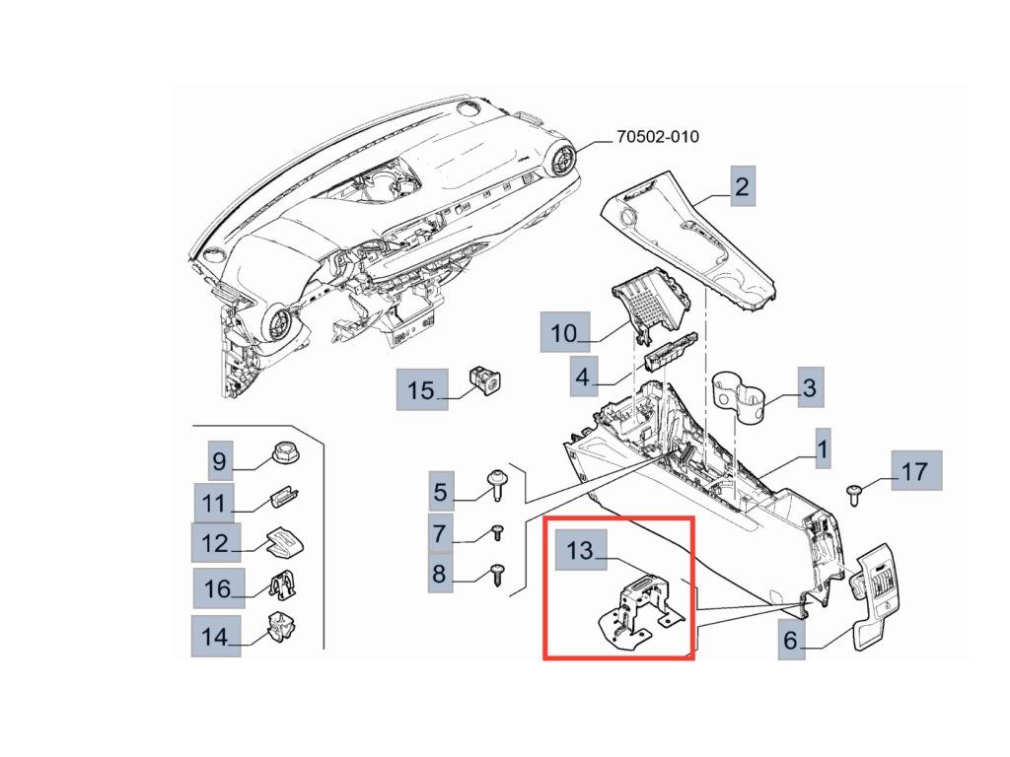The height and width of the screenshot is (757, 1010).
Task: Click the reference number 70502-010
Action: (657, 137)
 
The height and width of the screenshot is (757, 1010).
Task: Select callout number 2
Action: (742, 186)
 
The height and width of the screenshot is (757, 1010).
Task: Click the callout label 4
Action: (583, 376)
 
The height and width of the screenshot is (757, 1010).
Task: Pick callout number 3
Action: (809, 387)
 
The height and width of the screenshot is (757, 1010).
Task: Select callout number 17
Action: (914, 471)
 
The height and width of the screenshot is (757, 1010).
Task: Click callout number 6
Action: (790, 640)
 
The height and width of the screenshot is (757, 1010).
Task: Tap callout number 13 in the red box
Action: (579, 549)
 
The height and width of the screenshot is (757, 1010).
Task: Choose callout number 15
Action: (421, 390)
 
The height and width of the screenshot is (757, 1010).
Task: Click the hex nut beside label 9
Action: (285, 456)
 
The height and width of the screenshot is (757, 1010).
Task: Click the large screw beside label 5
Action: (495, 485)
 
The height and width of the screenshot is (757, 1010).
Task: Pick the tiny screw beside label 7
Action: (498, 532)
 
